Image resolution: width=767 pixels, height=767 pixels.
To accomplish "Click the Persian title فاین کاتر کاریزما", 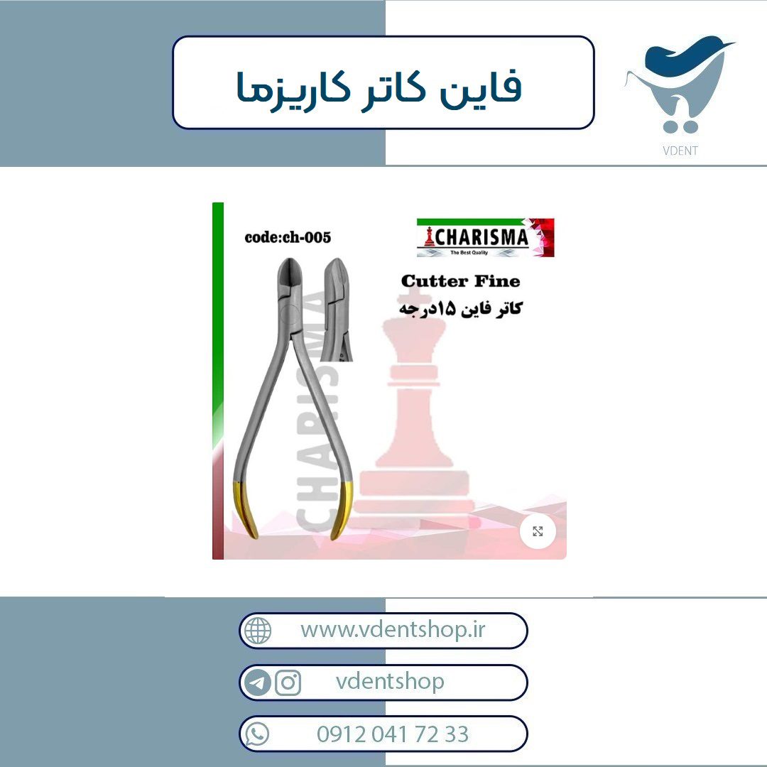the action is point(379,88).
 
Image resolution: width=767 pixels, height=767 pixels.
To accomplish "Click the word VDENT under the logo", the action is point(680,150).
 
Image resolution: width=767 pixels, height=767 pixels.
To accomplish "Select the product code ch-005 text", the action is point(288,237).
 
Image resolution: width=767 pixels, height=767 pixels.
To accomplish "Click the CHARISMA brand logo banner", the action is point(485,237).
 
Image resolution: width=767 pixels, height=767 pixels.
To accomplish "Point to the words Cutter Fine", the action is point(460,281).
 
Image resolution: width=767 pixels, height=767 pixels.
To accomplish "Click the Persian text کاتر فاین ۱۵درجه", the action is point(460,309).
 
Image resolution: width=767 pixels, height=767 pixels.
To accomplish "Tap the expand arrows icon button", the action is point(538,531).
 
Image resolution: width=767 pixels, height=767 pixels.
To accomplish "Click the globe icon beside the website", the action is point(257,630).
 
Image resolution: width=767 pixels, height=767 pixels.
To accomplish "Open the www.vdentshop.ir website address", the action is point(393,629).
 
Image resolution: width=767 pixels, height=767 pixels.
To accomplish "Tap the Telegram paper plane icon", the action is point(257,682).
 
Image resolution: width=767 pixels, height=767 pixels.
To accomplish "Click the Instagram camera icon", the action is point(288,682).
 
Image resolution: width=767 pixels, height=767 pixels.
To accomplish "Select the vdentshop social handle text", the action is point(390,681).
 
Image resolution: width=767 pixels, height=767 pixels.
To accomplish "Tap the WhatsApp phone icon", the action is point(257,734).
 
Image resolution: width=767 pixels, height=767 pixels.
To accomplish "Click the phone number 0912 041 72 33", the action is point(393,734).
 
